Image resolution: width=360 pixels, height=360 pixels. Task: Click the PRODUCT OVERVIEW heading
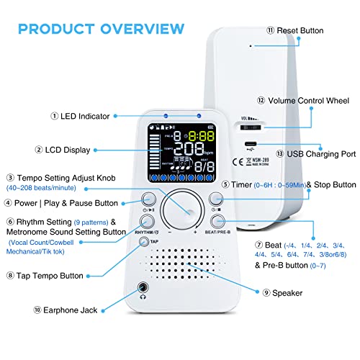101,30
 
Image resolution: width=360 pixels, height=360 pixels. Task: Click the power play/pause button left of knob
149,200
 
